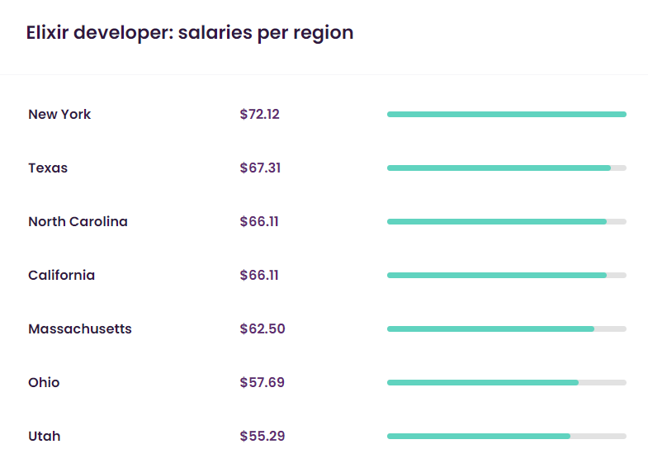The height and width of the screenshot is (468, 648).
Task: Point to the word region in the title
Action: pos(324,33)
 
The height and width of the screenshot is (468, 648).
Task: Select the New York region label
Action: pos(59,114)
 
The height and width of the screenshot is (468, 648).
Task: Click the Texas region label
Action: pos(48,168)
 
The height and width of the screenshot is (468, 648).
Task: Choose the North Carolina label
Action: pos(78,221)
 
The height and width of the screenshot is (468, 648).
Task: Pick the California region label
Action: pos(61,275)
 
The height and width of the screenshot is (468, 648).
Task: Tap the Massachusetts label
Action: pos(79,329)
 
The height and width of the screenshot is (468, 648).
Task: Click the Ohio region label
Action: pos(44,382)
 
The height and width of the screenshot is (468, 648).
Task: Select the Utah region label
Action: pos(44,436)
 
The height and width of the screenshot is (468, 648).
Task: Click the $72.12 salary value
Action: pos(259,114)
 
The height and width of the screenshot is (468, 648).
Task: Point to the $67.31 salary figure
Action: pos(259,168)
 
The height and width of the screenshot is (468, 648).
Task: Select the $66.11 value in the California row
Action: pos(258,275)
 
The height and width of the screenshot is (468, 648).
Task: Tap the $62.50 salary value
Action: pos(262,329)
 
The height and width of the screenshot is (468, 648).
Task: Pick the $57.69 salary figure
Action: pos(262,382)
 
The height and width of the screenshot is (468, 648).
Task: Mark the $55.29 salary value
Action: pos(262,436)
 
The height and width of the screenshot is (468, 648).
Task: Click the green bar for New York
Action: pos(506,114)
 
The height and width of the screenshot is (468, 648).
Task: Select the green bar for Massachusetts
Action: pos(490,329)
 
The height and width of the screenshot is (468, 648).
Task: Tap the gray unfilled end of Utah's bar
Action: pos(598,436)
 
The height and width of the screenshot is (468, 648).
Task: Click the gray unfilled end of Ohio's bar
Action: pos(603,382)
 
